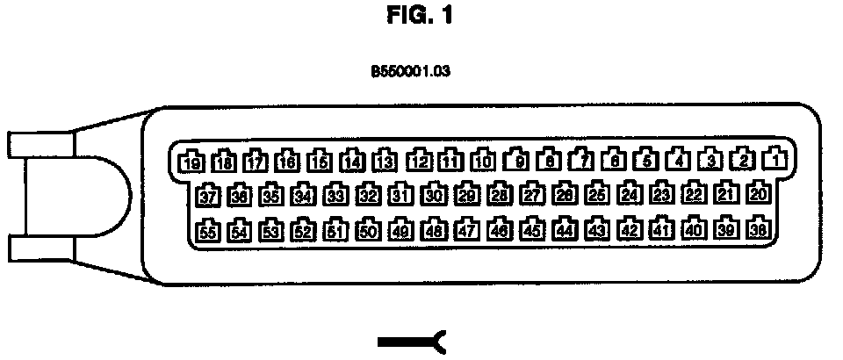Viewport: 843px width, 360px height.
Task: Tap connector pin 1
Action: pos(774,160)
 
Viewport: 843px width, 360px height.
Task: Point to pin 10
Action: pos(482,161)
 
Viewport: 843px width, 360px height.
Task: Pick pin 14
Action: pos(353,161)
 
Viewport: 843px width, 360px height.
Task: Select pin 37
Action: pos(208,195)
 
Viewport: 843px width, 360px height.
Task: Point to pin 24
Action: pos(629,194)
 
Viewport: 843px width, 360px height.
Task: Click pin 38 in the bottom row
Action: pos(760,229)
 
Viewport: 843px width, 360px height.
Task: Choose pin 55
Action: pos(207,232)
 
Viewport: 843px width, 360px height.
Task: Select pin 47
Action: pos(466,231)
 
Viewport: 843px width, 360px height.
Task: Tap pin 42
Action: pos(629,230)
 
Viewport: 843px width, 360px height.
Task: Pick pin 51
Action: pos(336,231)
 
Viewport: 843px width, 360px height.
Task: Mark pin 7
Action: pos(580,161)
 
